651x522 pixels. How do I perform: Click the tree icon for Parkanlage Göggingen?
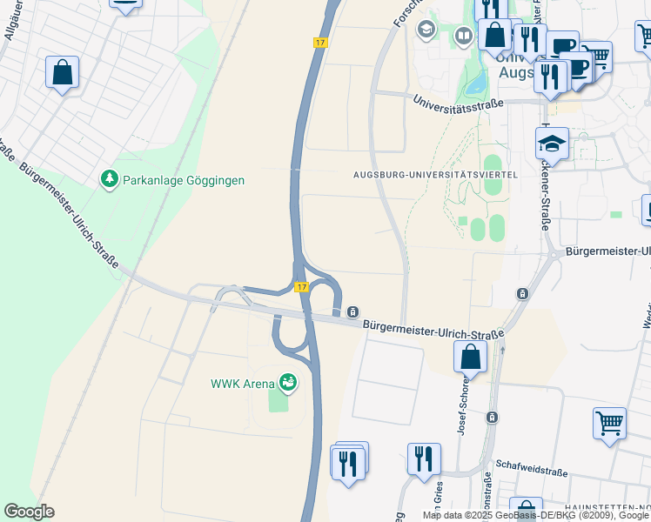click(109, 179)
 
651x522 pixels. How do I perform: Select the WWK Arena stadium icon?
click(288, 382)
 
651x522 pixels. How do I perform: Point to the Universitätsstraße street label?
click(459, 104)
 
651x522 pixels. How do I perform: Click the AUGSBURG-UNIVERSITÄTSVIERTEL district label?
click(436, 175)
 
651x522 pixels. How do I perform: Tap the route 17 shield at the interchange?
click(301, 287)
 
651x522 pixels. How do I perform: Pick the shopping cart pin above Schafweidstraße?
click(609, 424)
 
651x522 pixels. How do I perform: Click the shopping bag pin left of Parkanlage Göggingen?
click(63, 73)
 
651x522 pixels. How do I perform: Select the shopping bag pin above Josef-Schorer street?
click(470, 356)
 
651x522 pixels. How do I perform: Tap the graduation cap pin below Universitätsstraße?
click(552, 143)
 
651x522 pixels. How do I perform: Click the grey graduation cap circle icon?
click(426, 31)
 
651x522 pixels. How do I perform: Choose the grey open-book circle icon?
click(463, 36)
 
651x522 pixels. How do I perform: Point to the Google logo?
click(29, 512)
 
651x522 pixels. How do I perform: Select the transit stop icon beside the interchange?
click(353, 311)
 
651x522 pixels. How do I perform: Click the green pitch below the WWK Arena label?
click(279, 400)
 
